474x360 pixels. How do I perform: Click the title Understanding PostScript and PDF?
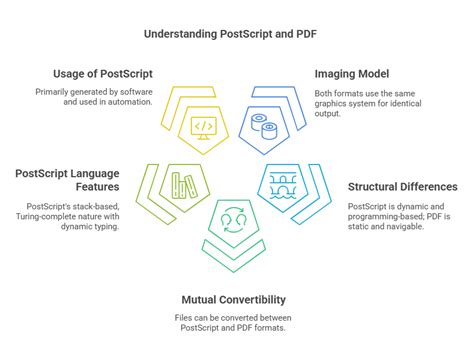tap(237, 34)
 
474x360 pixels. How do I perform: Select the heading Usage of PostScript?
tap(104, 73)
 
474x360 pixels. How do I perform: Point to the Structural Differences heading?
tap(402, 186)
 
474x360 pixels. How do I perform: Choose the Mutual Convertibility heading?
tap(234, 299)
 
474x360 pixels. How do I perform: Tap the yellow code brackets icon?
tap(202, 127)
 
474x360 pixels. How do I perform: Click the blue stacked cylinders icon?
tap(267, 126)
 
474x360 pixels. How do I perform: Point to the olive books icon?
tap(181, 184)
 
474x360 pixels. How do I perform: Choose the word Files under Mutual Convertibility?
tap(185, 318)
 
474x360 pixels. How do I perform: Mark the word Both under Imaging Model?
tap(323, 91)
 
